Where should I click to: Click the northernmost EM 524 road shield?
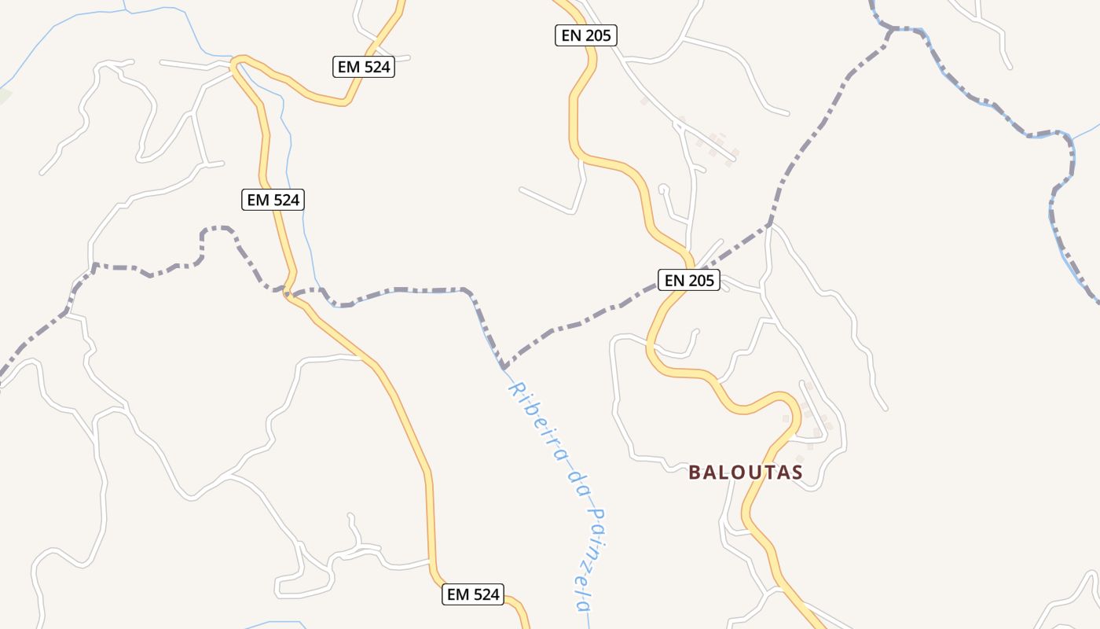click(x=363, y=67)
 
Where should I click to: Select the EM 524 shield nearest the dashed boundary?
click(x=273, y=200)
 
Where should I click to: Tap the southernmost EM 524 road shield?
click(x=472, y=594)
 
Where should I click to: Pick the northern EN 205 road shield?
click(x=586, y=35)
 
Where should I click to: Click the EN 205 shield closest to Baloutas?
click(x=689, y=280)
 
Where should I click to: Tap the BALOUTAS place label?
click(x=746, y=473)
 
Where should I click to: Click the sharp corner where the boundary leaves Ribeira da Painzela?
click(x=504, y=368)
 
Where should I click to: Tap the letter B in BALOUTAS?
click(x=695, y=473)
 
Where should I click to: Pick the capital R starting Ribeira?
click(x=516, y=388)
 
